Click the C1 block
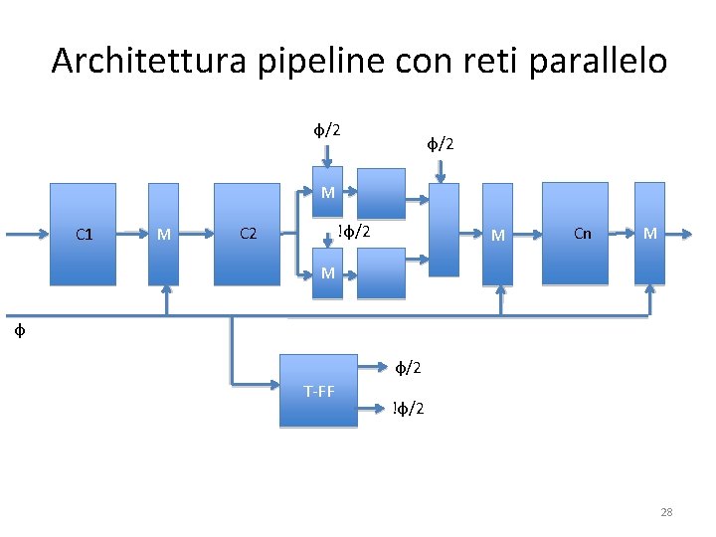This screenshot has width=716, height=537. [85, 234]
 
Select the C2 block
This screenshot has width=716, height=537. [248, 234]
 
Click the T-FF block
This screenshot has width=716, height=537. [318, 390]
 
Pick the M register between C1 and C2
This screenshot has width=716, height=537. [164, 234]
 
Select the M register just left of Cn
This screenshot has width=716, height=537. [498, 234]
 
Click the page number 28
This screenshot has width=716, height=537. [666, 512]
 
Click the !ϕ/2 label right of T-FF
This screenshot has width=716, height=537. [408, 409]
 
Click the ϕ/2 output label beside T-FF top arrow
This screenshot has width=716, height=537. [408, 368]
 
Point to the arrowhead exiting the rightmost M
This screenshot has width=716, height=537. [686, 235]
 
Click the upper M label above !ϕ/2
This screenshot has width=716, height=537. [327, 193]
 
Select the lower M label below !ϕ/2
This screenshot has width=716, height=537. [327, 271]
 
